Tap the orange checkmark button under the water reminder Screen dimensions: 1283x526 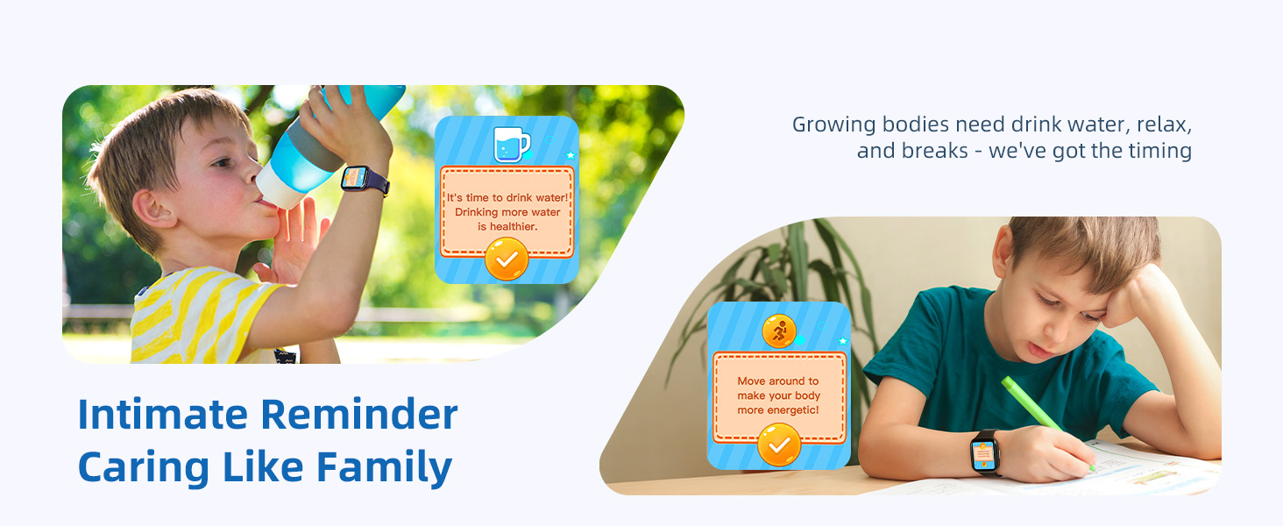(507, 259)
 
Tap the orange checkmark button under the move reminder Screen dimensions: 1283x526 (779, 444)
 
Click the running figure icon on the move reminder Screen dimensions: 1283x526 (779, 331)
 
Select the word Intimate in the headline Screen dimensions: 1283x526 (163, 414)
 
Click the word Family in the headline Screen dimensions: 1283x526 (385, 467)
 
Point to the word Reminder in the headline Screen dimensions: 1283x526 (359, 414)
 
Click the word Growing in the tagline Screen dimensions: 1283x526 (834, 125)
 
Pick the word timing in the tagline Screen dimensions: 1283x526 (1159, 152)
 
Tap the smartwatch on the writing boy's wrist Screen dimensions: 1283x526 (985, 452)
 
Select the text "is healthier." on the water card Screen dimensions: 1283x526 (507, 227)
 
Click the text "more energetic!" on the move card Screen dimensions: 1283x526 (778, 410)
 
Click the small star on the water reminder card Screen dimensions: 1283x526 (571, 155)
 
